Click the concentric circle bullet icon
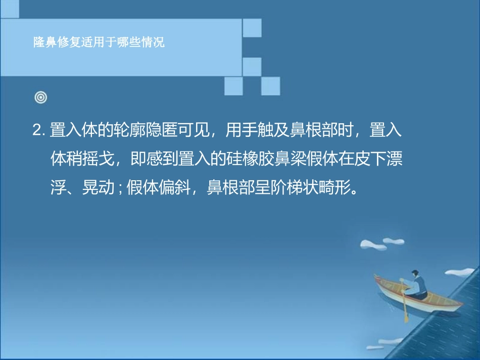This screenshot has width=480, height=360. coord(41,97)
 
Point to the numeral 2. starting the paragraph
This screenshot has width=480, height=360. coord(39,131)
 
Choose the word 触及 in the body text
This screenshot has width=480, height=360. coord(274,131)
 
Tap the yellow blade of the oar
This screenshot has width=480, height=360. coord(406,317)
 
